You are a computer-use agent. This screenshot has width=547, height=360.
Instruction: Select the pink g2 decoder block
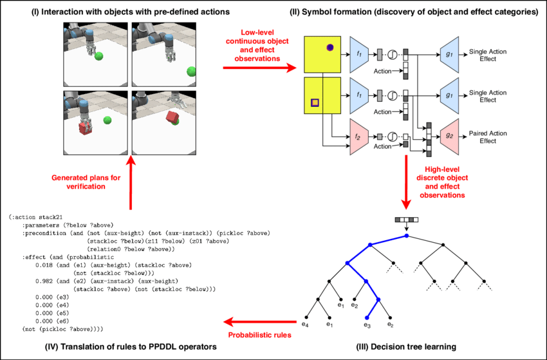[450, 137]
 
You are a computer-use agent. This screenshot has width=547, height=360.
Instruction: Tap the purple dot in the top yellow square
[329, 47]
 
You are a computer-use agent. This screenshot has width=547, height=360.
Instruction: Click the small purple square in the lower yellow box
[315, 102]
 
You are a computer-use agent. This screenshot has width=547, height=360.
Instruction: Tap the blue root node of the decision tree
[407, 236]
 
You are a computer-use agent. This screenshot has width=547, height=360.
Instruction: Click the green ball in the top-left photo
[98, 57]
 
